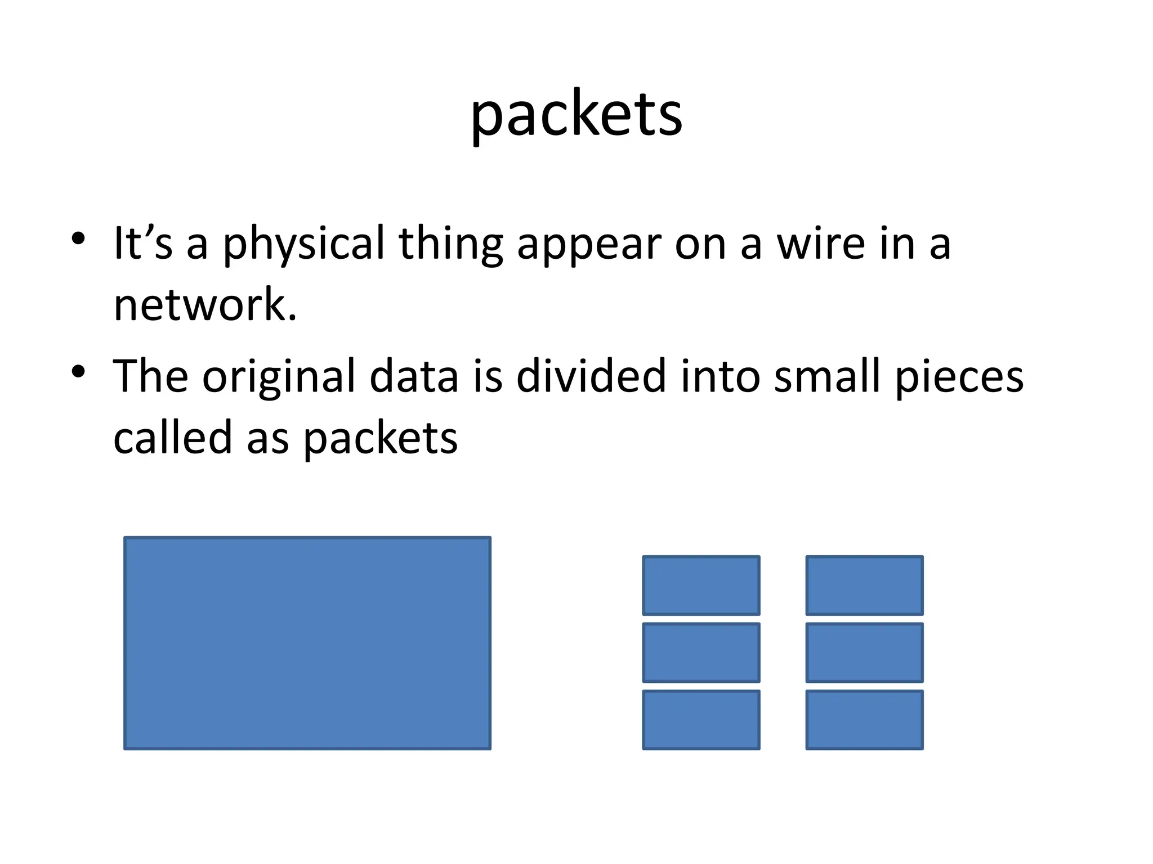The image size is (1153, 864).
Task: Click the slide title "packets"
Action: click(576, 115)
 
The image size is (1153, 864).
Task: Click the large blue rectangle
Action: click(307, 643)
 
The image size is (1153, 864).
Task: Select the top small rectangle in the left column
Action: click(701, 586)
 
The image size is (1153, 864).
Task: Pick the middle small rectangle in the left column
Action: click(701, 652)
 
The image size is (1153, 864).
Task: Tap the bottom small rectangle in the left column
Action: click(701, 720)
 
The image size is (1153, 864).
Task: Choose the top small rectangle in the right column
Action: click(864, 586)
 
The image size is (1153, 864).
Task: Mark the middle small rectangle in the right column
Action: click(864, 652)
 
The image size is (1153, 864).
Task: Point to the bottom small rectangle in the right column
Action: click(864, 720)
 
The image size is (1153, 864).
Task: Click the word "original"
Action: click(279, 377)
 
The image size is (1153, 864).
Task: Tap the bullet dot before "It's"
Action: click(78, 238)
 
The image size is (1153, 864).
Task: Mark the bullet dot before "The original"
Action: click(78, 371)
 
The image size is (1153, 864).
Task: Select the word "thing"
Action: click(450, 244)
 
